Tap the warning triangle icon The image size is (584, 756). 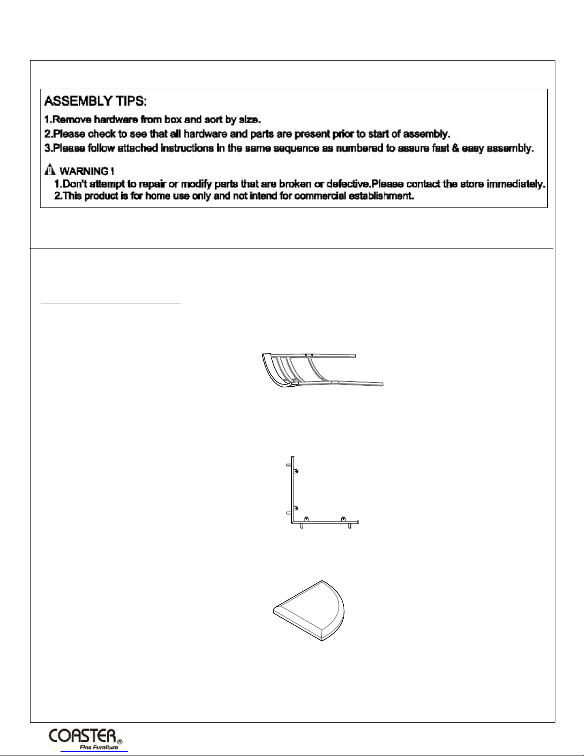(49, 170)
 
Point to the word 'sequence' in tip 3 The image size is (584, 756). (297, 148)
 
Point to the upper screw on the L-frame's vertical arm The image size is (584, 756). (296, 471)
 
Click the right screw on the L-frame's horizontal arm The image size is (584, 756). (343, 518)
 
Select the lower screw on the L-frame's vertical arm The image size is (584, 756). (296, 508)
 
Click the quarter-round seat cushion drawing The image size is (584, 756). (309, 611)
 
